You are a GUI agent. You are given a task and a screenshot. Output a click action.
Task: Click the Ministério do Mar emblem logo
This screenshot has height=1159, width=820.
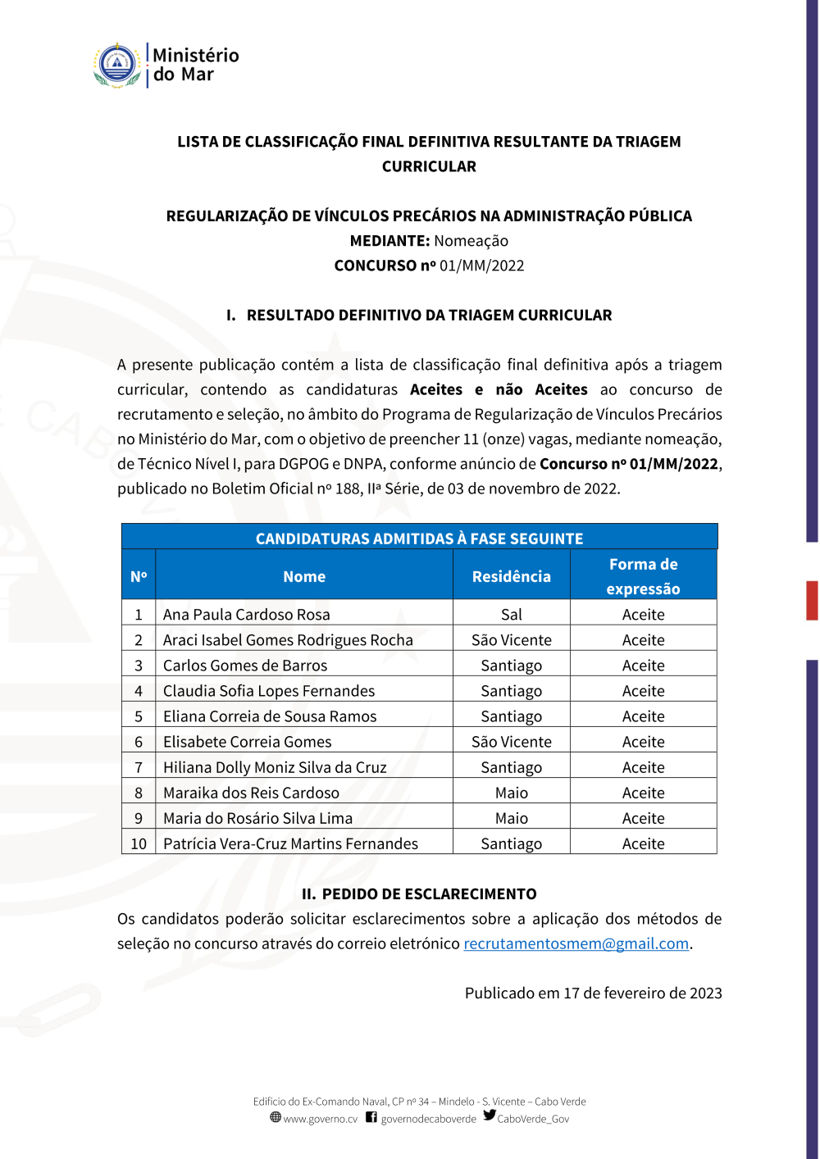(x=117, y=65)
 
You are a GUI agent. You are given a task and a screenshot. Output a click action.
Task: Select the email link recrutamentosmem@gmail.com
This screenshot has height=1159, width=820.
(x=576, y=943)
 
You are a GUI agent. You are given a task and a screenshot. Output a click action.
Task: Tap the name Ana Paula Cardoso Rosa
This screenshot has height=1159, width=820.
(x=246, y=615)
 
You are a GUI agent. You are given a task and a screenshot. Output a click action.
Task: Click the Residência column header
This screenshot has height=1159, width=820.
(x=511, y=576)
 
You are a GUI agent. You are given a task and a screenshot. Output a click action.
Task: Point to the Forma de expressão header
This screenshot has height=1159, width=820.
(x=643, y=576)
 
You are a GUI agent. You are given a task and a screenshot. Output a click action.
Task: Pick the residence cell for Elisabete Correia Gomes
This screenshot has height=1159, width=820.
(x=511, y=742)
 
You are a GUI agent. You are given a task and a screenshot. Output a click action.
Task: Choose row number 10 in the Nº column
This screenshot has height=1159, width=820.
(x=139, y=843)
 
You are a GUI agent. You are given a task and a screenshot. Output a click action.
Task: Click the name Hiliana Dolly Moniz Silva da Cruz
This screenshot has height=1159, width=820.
(x=275, y=767)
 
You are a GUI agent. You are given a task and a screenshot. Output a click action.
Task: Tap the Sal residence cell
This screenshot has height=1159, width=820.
(x=511, y=615)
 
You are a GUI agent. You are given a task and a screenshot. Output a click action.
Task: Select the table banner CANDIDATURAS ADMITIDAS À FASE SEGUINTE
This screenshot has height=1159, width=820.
(x=419, y=539)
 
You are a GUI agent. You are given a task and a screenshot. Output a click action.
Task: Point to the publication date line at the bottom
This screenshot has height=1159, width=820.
(x=593, y=993)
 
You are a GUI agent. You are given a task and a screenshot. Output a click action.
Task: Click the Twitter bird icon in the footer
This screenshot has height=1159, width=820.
(x=490, y=1116)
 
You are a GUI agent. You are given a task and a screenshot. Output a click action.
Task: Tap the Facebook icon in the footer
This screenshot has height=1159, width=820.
(x=371, y=1117)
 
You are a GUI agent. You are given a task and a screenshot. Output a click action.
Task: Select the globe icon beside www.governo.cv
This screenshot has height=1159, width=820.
(x=276, y=1117)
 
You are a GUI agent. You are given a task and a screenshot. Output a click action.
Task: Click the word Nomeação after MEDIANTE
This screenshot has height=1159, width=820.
(x=471, y=241)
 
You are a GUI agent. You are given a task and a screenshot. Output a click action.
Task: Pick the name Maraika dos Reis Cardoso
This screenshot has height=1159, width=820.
(x=251, y=793)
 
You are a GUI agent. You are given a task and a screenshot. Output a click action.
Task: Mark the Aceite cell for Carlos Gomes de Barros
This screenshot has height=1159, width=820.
(x=643, y=666)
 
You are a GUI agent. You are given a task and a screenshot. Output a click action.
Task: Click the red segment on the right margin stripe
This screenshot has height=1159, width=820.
(x=812, y=600)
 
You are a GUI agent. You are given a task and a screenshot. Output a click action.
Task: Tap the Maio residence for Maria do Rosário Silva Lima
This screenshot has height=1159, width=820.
(x=511, y=818)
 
